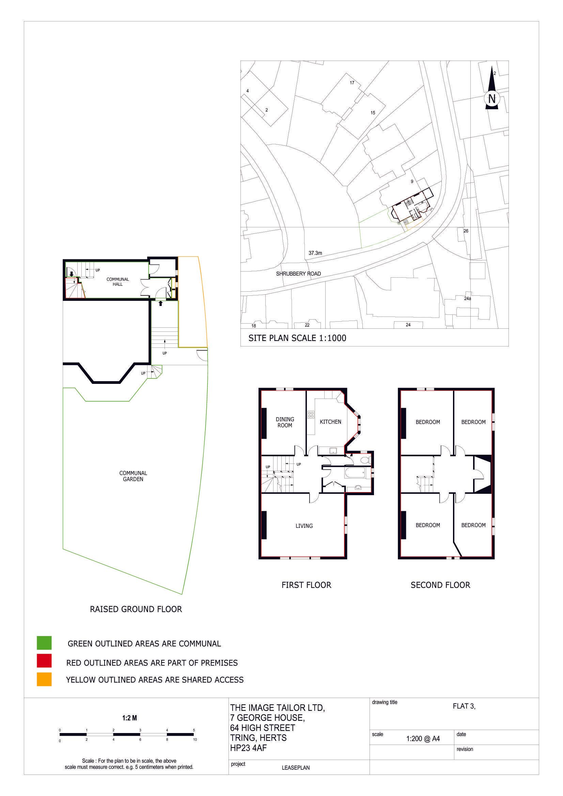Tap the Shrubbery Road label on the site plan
pyautogui.click(x=298, y=274)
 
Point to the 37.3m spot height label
pyautogui.click(x=315, y=253)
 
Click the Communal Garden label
pyautogui.click(x=133, y=476)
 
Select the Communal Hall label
pyautogui.click(x=118, y=281)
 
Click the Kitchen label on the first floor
pyautogui.click(x=330, y=422)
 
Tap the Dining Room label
pyautogui.click(x=284, y=422)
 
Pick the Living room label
pyautogui.click(x=304, y=526)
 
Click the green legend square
pyautogui.click(x=44, y=643)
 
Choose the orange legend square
pyautogui.click(x=44, y=679)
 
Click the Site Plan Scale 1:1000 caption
pyautogui.click(x=297, y=338)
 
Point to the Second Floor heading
pyautogui.click(x=440, y=585)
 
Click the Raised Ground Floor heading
pyautogui.click(x=136, y=609)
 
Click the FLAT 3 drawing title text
pyautogui.click(x=464, y=706)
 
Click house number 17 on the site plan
pyautogui.click(x=352, y=83)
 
